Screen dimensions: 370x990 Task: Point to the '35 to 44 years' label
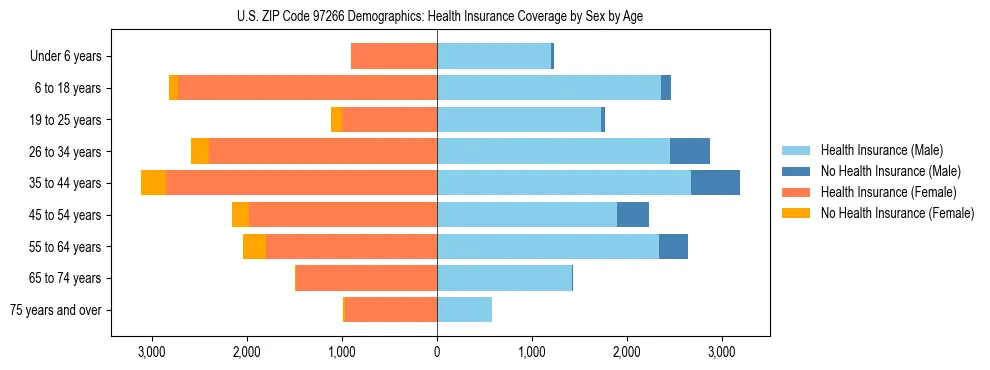[65, 183]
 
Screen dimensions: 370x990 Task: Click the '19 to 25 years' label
[65, 120]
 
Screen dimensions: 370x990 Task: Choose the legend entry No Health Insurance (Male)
[890, 171]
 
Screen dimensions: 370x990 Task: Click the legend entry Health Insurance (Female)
[888, 192]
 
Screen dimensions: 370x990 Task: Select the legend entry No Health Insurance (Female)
[896, 213]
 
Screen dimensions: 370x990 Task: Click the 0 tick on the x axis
[437, 352]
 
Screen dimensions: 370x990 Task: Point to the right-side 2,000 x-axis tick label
[626, 352]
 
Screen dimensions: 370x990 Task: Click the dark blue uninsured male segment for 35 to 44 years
[715, 183]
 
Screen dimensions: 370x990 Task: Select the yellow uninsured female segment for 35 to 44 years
[153, 183]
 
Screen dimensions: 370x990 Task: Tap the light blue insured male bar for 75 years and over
[464, 310]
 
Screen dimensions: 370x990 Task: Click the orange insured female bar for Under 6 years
[394, 57]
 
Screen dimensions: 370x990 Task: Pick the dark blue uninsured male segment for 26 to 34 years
[690, 152]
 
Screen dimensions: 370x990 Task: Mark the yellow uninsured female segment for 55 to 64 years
[254, 247]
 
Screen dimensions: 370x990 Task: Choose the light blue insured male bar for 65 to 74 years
[504, 278]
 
